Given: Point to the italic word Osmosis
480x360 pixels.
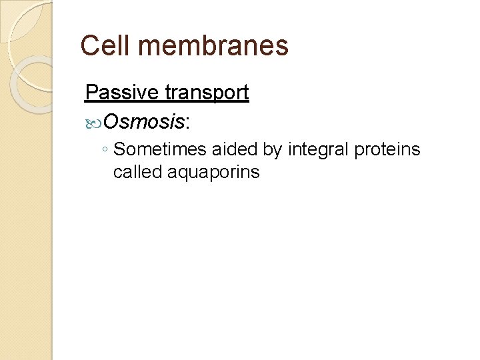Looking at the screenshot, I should point(144,121).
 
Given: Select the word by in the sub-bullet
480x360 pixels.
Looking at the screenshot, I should point(273,151).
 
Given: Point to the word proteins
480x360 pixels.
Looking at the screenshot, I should point(387,151).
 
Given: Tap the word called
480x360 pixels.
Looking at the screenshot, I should point(137,172).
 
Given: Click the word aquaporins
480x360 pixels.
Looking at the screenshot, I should point(213,173).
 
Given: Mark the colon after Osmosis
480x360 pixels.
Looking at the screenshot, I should point(187,123).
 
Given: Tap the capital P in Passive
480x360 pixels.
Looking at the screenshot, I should point(91,92).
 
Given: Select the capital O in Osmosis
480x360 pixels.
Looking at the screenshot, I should point(112,121).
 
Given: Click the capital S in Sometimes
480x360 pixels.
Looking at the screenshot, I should point(119,150).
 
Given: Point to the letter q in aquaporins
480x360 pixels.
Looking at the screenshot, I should point(183,173).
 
